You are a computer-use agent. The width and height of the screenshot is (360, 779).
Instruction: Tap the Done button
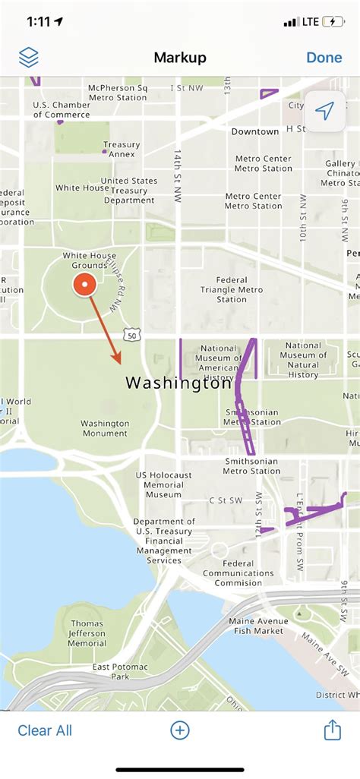[x=324, y=58]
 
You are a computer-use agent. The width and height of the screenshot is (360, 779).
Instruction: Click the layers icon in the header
[x=29, y=58]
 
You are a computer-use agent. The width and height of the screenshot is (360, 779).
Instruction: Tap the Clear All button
[x=45, y=730]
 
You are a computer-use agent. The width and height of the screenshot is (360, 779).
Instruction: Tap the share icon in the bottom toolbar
[x=332, y=730]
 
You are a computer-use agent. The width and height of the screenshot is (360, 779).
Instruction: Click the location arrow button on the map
[x=325, y=112]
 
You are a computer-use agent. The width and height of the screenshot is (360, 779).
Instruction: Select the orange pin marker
[x=85, y=285]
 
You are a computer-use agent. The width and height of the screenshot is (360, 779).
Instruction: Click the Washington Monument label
[x=105, y=428]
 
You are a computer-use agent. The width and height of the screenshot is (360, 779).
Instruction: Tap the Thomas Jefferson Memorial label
[x=87, y=633]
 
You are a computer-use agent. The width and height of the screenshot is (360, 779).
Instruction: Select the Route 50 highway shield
[x=132, y=335]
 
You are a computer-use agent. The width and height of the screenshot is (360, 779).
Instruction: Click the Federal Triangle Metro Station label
[x=232, y=289]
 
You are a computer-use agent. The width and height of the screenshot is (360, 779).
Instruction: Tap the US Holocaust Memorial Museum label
[x=163, y=484]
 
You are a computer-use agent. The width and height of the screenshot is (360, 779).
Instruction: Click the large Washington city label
[x=178, y=383]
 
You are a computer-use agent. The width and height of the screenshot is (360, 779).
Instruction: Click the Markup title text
[x=180, y=58]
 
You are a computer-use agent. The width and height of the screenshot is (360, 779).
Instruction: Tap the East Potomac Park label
[x=111, y=671]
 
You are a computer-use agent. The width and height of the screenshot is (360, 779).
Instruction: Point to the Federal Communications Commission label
[x=238, y=573]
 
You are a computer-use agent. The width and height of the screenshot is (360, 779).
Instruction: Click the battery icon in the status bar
[x=333, y=22]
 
